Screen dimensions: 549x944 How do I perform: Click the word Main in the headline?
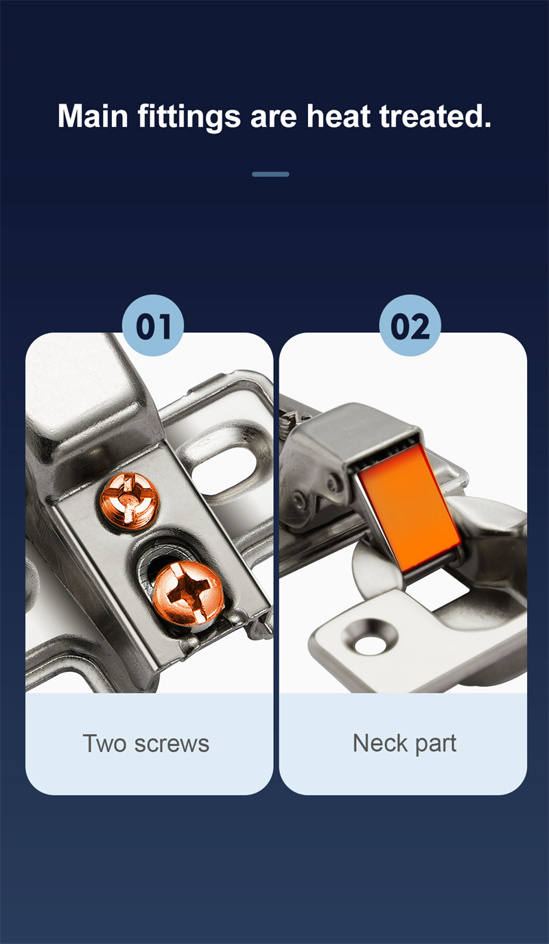pos(93,116)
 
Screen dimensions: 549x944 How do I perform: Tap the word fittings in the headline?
pos(189,118)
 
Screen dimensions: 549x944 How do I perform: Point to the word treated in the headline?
pos(435,116)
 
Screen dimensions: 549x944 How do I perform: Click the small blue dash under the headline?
pos(270,174)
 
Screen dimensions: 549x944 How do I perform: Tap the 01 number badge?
pos(153,325)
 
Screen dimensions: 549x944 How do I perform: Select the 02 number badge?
pos(410,325)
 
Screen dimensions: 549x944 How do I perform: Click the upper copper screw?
pos(129,500)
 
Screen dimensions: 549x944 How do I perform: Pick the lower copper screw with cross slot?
pos(188,592)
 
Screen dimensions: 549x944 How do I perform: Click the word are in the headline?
pos(274,118)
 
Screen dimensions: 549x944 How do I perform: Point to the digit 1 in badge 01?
pos(165,326)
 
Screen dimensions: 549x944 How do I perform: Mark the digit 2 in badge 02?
pos(420,326)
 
